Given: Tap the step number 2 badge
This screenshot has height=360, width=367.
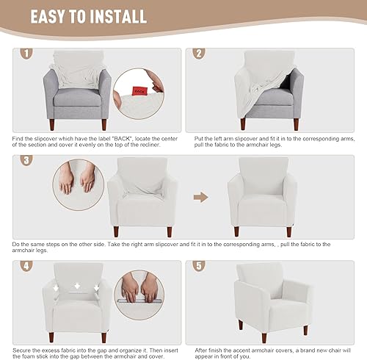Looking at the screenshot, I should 198,54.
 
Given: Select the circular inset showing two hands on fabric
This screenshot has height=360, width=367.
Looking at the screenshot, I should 77,187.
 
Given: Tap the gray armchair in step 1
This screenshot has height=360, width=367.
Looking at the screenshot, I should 79,92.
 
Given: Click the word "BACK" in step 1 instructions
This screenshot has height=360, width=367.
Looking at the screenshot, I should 108,138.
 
